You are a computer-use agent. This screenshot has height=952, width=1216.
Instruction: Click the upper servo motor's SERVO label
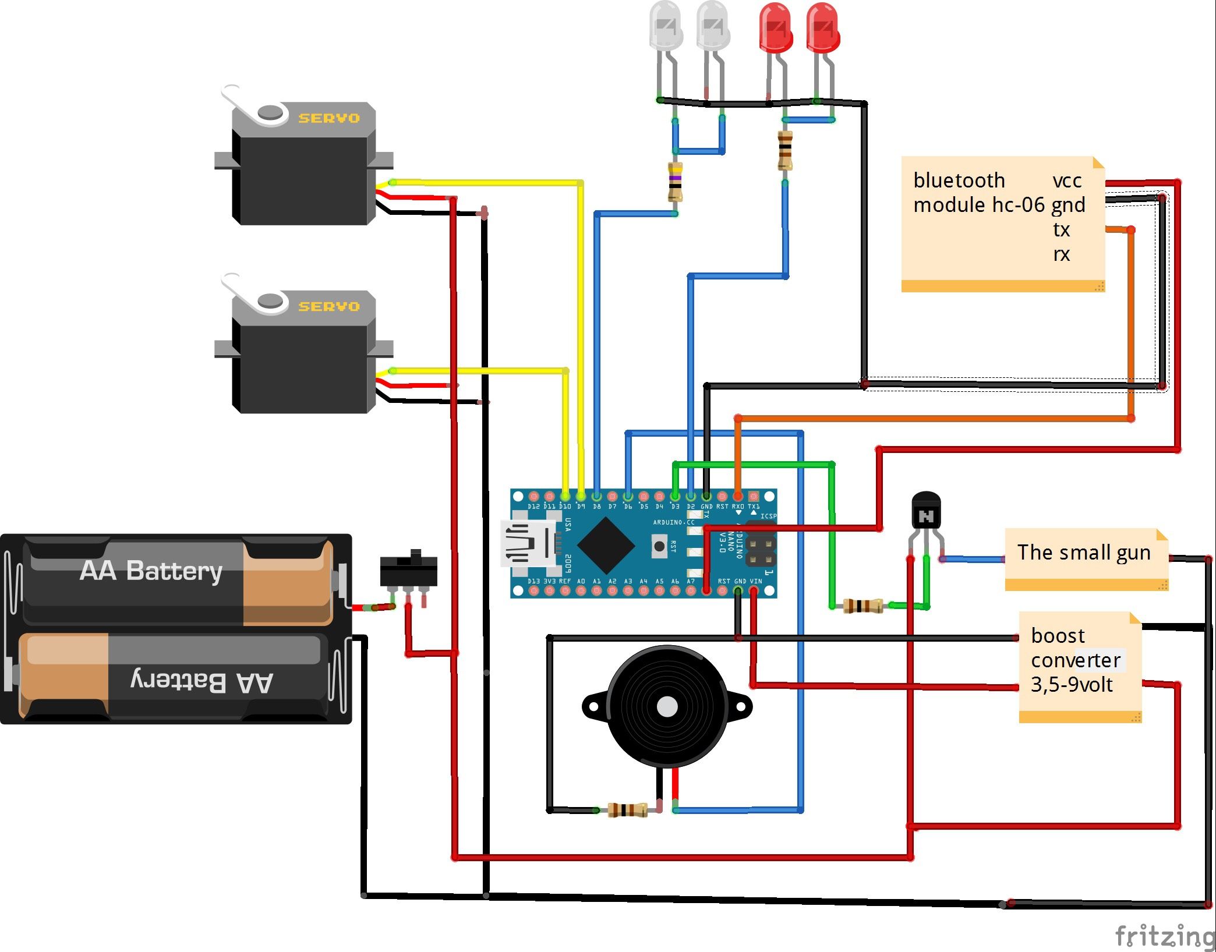pos(328,118)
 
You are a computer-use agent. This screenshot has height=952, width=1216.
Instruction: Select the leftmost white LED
pos(664,26)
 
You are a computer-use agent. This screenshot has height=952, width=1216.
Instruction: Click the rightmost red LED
pos(822,28)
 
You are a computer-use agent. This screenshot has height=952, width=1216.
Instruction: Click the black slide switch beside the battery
pos(408,570)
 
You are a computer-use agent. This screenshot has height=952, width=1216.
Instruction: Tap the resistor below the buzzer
pos(627,809)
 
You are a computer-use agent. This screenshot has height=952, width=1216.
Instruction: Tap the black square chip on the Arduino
pos(606,546)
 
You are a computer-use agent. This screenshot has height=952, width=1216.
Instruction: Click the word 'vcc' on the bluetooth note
pos(1067,181)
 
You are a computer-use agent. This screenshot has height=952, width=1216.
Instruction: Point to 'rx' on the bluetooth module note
pos(1061,254)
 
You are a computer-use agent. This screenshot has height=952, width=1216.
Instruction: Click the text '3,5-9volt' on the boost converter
pos(1072,685)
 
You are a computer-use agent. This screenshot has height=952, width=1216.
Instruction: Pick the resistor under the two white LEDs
pos(675,182)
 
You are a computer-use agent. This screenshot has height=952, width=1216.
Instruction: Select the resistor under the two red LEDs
pos(784,150)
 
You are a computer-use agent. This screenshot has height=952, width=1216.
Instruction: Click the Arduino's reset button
pos(659,546)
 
